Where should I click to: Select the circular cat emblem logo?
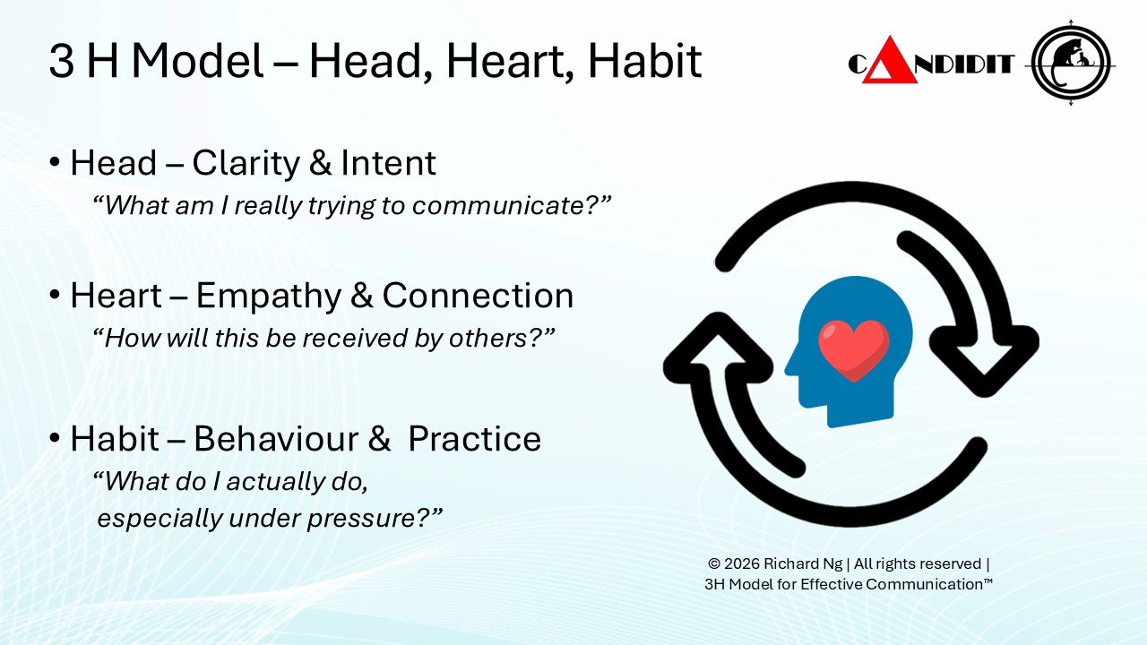(x=1071, y=64)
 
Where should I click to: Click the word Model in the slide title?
(x=198, y=60)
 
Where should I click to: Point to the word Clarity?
(x=246, y=164)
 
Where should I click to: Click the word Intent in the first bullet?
(x=388, y=163)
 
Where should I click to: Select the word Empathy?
(x=268, y=297)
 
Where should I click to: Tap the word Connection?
(x=478, y=296)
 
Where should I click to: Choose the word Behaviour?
(x=276, y=439)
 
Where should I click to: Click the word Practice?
(x=474, y=439)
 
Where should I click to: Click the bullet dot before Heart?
(x=55, y=295)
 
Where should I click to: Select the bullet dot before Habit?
(x=55, y=438)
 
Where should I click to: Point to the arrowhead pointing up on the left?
(x=718, y=348)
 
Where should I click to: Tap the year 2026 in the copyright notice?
(x=742, y=563)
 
